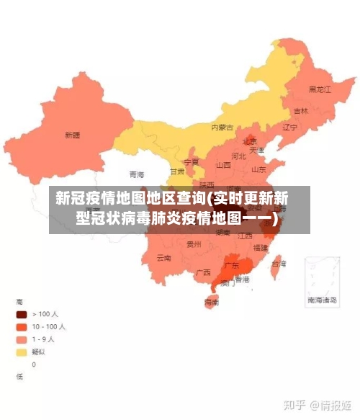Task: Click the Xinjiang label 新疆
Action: pyautogui.click(x=72, y=134)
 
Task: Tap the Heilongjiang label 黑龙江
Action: pyautogui.click(x=319, y=90)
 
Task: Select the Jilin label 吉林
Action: pyautogui.click(x=301, y=111)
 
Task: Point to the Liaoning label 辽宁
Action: pyautogui.click(x=290, y=128)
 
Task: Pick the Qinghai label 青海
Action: pyautogui.click(x=137, y=174)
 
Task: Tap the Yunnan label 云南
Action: pyautogui.click(x=163, y=257)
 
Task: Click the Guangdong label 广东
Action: pyautogui.click(x=232, y=265)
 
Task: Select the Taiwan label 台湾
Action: pyautogui.click(x=277, y=264)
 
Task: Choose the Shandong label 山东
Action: pyautogui.click(x=259, y=169)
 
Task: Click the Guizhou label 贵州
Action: pyautogui.click(x=194, y=244)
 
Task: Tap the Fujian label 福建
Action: pyautogui.click(x=260, y=247)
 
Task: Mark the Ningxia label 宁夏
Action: pyautogui.click(x=191, y=162)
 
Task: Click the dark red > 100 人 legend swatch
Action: pyautogui.click(x=22, y=314)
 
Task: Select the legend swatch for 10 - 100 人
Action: pyautogui.click(x=22, y=326)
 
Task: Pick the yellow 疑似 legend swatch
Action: pyautogui.click(x=22, y=352)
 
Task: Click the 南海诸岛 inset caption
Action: pyautogui.click(x=322, y=299)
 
